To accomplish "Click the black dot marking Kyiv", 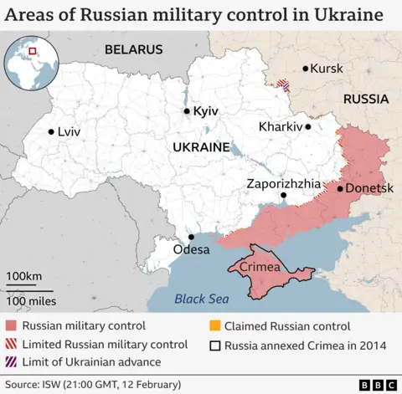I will coord(187,111).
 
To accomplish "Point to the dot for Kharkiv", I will coord(308,127).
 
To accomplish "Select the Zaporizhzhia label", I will coord(283,182).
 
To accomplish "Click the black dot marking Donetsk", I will coord(339,189).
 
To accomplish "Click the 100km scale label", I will coord(24,276).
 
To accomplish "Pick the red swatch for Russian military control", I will coord(11,326).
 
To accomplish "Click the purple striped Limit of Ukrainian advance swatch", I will coord(11,361).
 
